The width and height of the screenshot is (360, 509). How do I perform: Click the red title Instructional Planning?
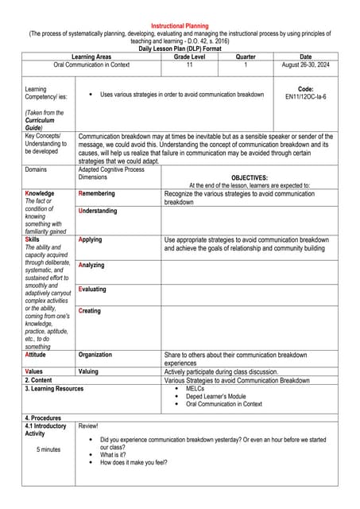click(180, 25)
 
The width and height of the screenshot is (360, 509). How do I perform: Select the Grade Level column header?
click(190, 57)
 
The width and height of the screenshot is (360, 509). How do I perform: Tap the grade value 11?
click(190, 65)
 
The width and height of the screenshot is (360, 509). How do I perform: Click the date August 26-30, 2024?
click(305, 65)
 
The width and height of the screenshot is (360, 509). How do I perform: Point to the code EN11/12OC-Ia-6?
click(305, 97)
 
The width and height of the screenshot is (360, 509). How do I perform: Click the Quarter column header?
click(246, 57)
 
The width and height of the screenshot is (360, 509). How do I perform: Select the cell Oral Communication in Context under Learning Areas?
click(91, 65)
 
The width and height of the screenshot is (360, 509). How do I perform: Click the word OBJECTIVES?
click(249, 178)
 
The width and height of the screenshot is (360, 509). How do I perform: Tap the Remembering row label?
click(96, 193)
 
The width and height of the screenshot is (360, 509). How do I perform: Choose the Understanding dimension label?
click(98, 212)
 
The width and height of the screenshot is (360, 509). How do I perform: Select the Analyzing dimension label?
click(91, 265)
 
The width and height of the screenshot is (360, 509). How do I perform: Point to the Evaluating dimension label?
click(92, 289)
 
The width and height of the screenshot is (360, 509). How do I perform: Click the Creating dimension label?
click(90, 311)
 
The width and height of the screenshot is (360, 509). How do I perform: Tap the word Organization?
click(95, 355)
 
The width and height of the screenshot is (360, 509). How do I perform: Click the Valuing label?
click(88, 371)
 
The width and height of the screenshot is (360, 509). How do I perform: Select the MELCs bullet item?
click(195, 389)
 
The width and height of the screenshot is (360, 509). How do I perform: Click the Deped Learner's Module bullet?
click(216, 396)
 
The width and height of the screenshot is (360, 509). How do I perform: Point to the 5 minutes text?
click(48, 449)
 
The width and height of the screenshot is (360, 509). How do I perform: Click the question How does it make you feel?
click(134, 462)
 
